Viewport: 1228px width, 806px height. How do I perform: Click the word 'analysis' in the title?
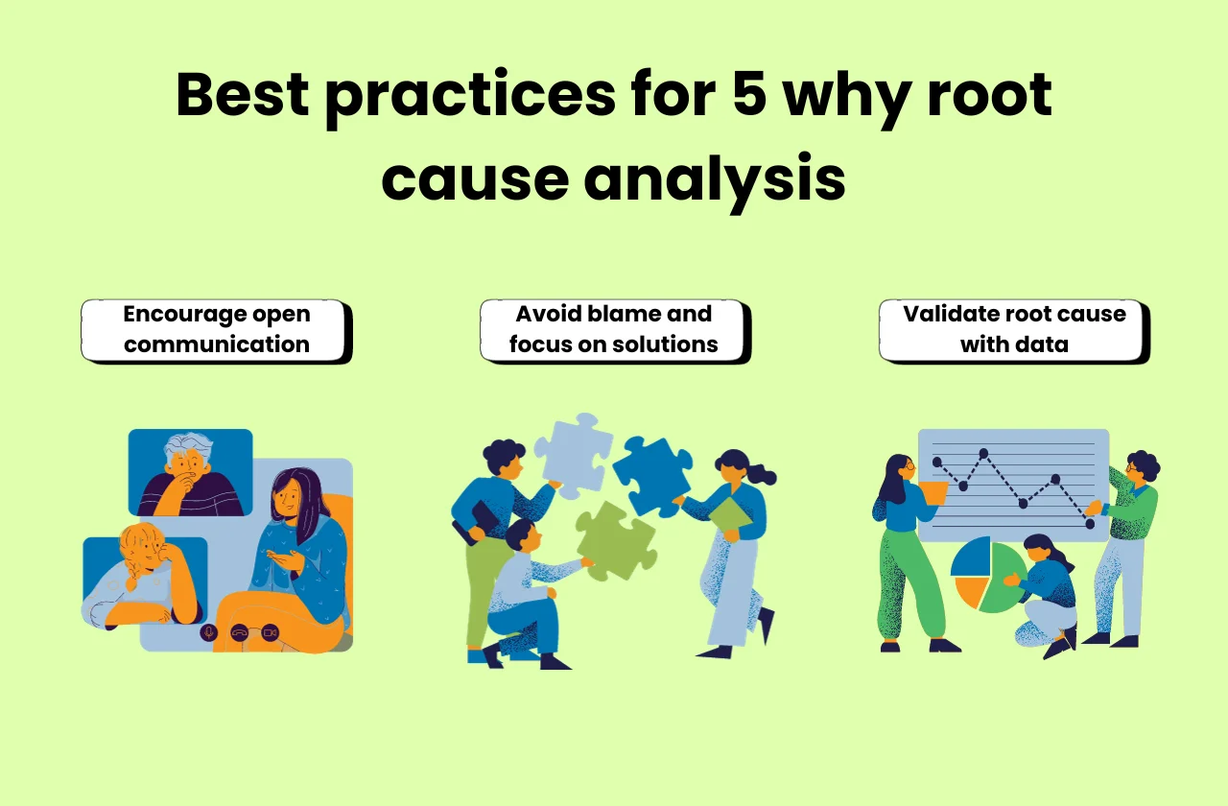tap(714, 178)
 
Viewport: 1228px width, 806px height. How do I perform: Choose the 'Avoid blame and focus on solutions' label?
tap(613, 330)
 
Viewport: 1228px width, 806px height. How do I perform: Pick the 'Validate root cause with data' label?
tap(1013, 330)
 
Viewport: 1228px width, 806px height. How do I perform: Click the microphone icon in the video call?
tap(208, 632)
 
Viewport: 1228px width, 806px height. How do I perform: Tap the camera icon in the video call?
tap(270, 632)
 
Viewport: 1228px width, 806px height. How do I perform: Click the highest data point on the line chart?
tap(983, 453)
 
